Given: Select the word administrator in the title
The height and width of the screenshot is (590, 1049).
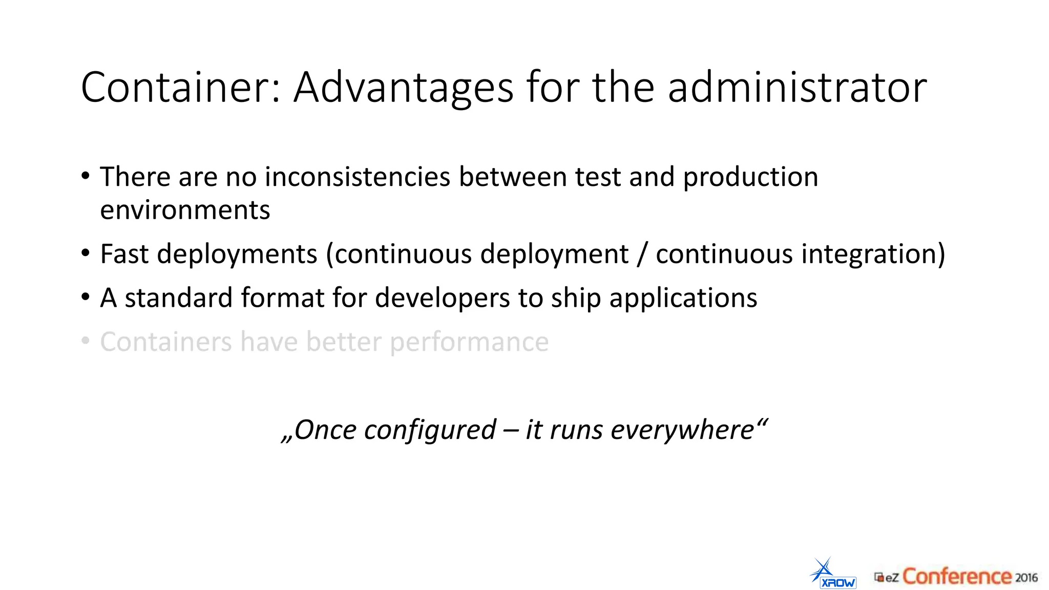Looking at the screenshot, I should pyautogui.click(x=797, y=87).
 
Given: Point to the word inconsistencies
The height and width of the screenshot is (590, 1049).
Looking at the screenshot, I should pyautogui.click(x=358, y=177).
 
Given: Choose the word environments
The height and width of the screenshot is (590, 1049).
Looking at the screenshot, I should pyautogui.click(x=185, y=210).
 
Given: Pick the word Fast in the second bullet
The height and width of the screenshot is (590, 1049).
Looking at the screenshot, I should pyautogui.click(x=124, y=254).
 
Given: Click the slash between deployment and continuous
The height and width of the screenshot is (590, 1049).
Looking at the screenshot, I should pyautogui.click(x=642, y=255).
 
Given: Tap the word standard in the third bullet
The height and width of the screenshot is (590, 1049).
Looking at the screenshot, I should pyautogui.click(x=179, y=298).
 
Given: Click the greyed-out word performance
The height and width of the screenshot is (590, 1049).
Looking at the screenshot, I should pyautogui.click(x=469, y=343).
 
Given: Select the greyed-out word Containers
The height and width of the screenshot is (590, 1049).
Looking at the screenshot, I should pyautogui.click(x=166, y=342).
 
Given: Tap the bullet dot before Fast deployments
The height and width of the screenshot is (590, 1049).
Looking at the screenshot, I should pyautogui.click(x=86, y=254).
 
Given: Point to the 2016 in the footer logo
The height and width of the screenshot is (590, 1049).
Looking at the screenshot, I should pyautogui.click(x=1026, y=578).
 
